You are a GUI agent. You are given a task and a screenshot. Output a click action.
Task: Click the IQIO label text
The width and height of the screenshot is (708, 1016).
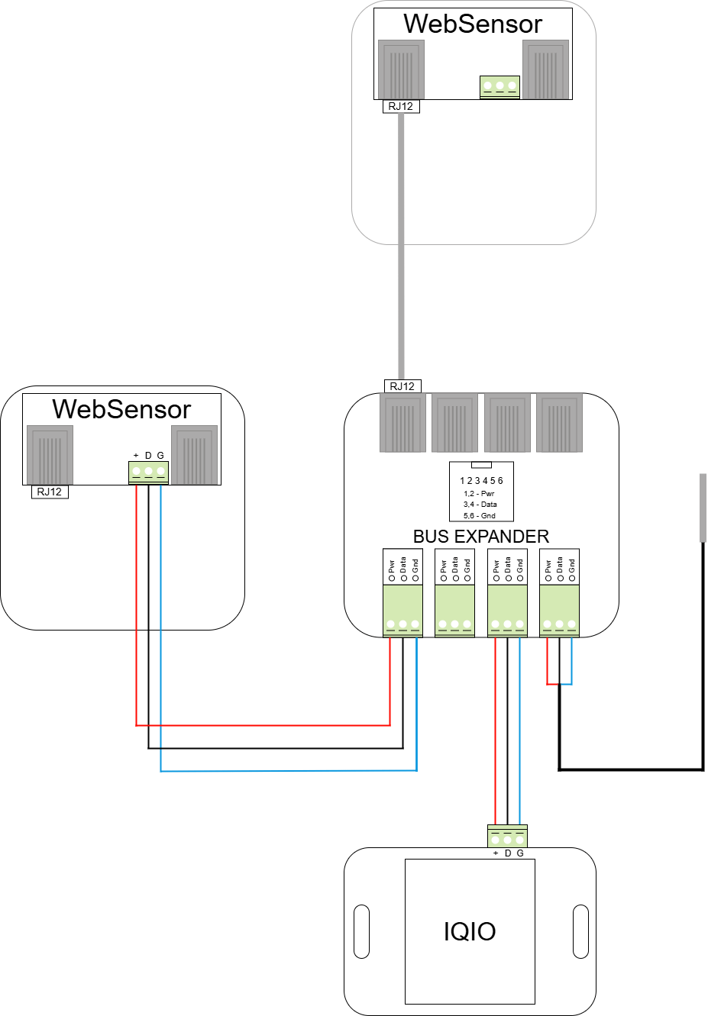470,931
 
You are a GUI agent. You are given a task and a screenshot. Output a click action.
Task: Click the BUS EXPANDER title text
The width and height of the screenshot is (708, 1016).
481,537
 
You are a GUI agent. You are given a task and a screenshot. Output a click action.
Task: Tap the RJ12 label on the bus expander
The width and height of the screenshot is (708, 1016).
402,386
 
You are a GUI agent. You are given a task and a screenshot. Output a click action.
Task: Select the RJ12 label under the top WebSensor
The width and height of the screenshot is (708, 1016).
400,106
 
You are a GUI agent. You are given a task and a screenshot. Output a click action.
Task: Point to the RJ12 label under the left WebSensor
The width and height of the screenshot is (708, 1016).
50,492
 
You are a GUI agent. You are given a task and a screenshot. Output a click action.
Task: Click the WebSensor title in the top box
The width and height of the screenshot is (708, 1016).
473,24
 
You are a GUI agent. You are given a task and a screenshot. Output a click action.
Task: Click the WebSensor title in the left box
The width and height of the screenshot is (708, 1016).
121,409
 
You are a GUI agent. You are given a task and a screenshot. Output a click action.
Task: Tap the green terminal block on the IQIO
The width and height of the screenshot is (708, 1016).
507,837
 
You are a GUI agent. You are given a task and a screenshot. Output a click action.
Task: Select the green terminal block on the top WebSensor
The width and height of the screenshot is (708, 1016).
500,87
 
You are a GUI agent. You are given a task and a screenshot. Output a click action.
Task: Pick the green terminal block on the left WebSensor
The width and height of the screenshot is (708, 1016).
148,473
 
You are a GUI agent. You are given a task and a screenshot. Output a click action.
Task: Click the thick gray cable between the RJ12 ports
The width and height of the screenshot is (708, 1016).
401,244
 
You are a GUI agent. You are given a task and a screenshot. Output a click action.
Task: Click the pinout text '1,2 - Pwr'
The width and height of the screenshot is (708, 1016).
479,494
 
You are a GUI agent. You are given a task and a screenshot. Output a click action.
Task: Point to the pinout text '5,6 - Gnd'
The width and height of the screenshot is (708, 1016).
479,516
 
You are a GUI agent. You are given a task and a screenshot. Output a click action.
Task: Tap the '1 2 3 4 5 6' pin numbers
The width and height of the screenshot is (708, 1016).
481,481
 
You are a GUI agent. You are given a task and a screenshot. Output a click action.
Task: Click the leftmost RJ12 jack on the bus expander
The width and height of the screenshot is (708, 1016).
402,423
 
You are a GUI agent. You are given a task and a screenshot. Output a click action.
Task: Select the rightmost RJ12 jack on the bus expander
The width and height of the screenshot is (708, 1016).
559,423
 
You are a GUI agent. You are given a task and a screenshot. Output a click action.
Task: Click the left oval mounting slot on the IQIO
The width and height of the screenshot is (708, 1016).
362,931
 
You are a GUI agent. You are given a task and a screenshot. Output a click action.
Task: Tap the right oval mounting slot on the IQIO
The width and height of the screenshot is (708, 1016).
580,931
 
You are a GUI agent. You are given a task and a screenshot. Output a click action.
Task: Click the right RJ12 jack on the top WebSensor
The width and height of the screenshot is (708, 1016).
545,69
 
